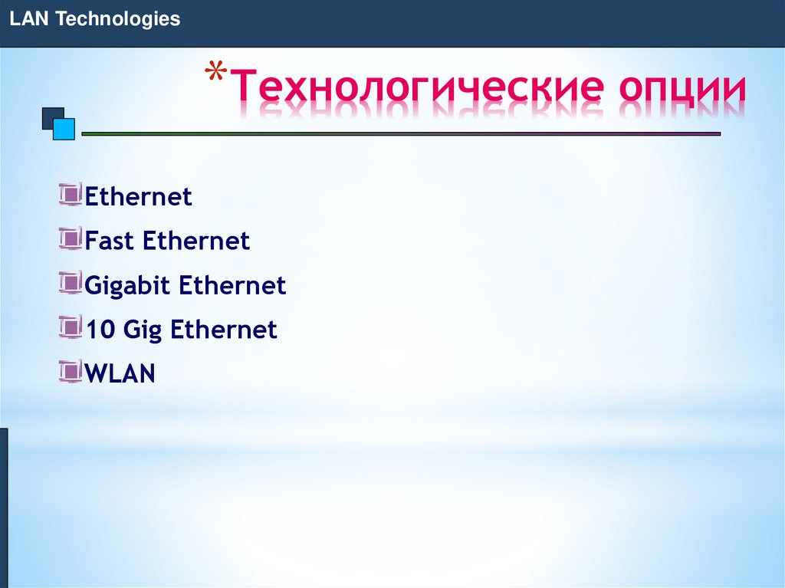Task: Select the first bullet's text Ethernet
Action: coord(138,197)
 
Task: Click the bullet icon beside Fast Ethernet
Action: coord(71,239)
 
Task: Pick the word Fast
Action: coord(110,241)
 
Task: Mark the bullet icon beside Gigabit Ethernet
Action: coord(71,284)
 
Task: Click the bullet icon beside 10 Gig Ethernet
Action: coord(71,328)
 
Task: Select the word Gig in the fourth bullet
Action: coord(143,331)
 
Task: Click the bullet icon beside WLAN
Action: coord(71,373)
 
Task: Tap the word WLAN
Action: coord(120,375)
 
